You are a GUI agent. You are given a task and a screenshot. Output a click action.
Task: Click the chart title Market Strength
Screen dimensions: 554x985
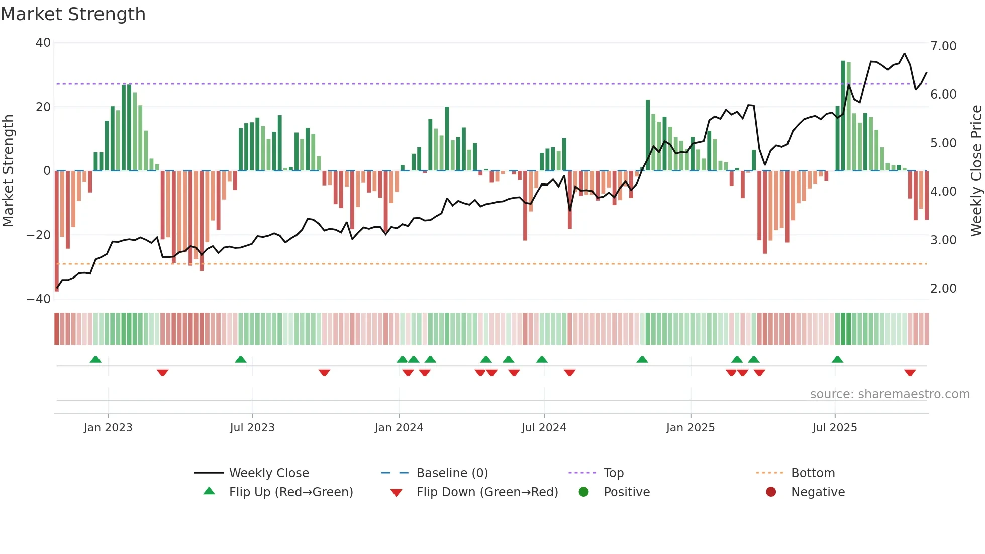[x=73, y=14]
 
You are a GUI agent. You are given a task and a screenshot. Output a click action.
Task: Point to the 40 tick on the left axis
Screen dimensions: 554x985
[x=43, y=43]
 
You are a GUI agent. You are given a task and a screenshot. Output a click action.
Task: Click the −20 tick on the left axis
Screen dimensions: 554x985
[x=39, y=235]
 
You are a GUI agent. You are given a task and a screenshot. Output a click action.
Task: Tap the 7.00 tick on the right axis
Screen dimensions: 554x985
[x=943, y=46]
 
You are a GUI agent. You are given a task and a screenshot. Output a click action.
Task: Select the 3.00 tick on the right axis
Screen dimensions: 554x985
[x=943, y=240]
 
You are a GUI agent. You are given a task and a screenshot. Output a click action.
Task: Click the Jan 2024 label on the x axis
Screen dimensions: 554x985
[x=399, y=428]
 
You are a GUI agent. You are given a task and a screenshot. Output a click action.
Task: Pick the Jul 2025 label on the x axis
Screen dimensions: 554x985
[x=835, y=428]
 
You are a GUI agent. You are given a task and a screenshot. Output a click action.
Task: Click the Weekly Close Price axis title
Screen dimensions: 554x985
[x=976, y=170]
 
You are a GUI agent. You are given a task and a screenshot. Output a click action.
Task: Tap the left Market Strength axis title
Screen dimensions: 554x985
[x=9, y=170]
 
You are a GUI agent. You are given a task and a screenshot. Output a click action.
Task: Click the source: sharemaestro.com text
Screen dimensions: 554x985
[x=890, y=394]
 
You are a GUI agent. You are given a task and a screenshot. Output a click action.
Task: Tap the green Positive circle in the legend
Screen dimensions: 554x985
[x=583, y=492]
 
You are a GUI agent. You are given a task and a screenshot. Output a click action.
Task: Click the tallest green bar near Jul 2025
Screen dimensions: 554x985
[x=843, y=116]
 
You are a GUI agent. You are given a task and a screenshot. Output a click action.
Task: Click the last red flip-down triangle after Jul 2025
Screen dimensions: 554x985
[x=910, y=373]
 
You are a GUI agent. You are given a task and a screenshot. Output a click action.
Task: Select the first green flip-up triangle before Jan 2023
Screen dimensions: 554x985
[x=95, y=359]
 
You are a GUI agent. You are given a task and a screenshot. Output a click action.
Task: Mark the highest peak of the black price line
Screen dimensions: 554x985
[x=905, y=53]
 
